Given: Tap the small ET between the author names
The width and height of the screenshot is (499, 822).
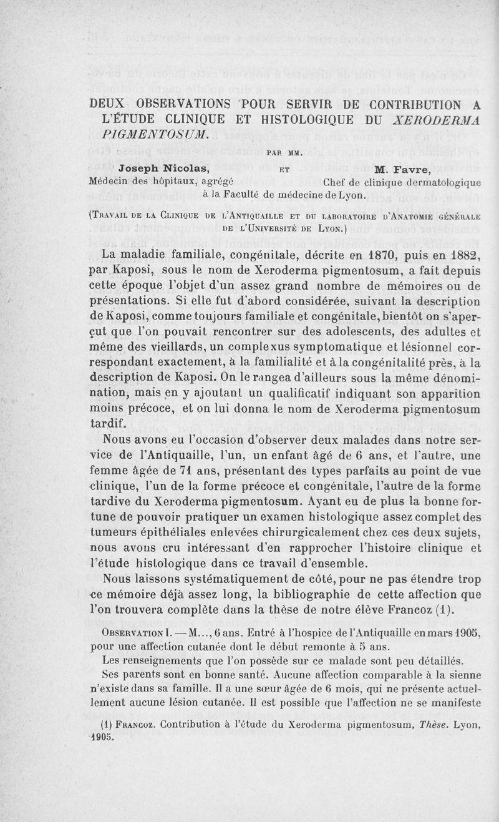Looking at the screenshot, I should coord(284,169).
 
